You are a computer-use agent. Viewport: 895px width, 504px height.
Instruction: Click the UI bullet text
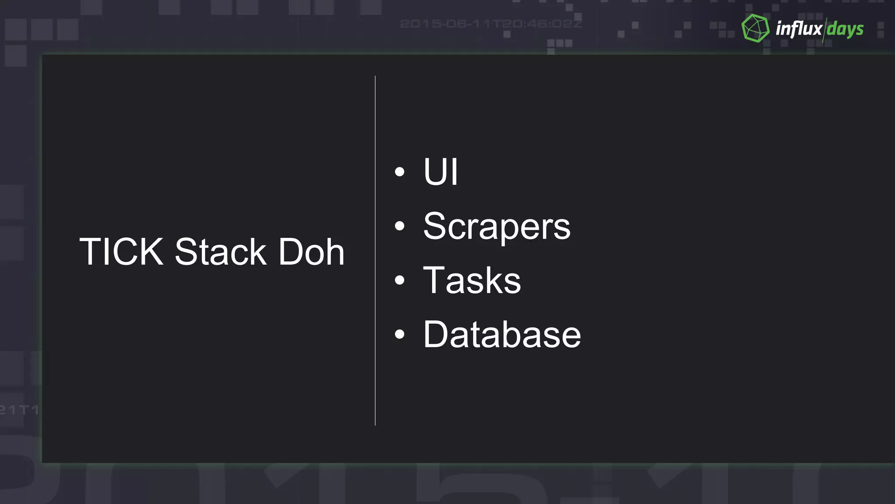pyautogui.click(x=441, y=172)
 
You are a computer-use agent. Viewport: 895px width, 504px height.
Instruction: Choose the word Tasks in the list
pyautogui.click(x=472, y=280)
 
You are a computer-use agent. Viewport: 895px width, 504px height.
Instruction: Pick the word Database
pyautogui.click(x=502, y=335)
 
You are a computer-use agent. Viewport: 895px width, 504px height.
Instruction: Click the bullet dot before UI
pyautogui.click(x=399, y=172)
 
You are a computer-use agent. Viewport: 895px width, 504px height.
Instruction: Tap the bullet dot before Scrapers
pyautogui.click(x=399, y=226)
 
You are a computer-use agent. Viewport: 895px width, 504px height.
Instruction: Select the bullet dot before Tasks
pyautogui.click(x=399, y=280)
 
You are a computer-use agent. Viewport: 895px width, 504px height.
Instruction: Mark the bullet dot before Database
pyautogui.click(x=399, y=335)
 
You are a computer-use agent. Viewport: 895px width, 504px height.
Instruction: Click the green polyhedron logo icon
pyautogui.click(x=756, y=28)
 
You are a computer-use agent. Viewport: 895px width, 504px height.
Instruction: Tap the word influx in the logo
pyautogui.click(x=799, y=29)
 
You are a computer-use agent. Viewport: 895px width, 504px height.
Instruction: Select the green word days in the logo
pyautogui.click(x=845, y=30)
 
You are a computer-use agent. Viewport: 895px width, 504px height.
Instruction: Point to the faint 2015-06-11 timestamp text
pyautogui.click(x=491, y=24)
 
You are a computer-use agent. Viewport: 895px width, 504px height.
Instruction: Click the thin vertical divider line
pyautogui.click(x=375, y=250)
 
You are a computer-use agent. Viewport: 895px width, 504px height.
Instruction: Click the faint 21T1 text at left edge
pyautogui.click(x=19, y=410)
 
